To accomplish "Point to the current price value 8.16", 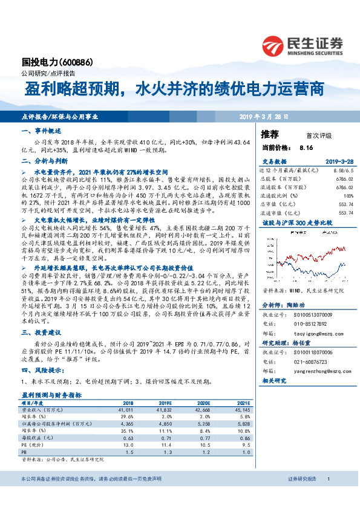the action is (306, 147).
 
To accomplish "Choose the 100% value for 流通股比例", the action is (348, 196).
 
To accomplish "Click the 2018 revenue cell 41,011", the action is (126, 409).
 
